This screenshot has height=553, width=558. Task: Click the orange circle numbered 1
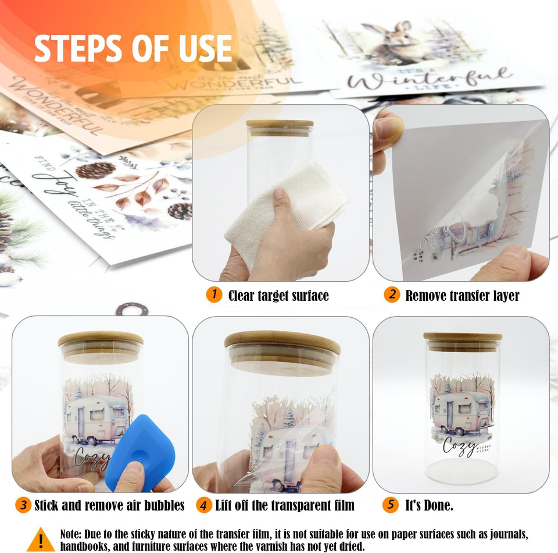click(x=214, y=295)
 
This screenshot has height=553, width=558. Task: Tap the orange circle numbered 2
click(x=392, y=295)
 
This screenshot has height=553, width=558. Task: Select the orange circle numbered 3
click(x=23, y=505)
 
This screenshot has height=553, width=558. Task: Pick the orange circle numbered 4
click(x=203, y=505)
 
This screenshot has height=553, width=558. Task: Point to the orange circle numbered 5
click(x=391, y=505)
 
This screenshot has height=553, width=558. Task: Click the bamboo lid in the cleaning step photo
click(x=280, y=126)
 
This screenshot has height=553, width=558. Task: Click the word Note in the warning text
click(x=73, y=534)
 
